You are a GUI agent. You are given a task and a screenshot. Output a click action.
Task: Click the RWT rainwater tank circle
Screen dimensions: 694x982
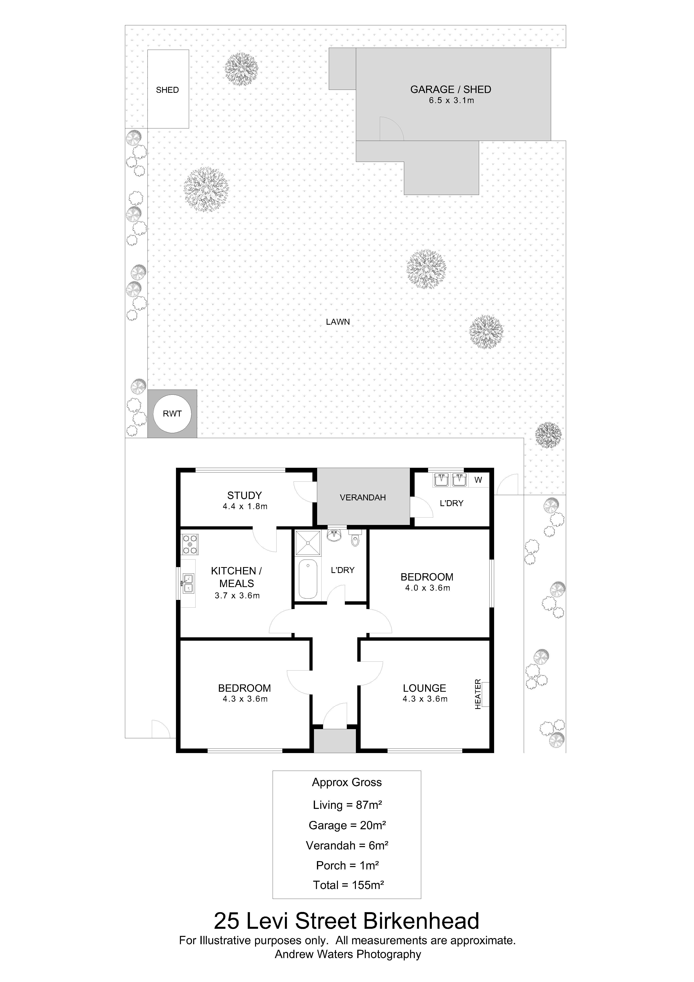tap(172, 414)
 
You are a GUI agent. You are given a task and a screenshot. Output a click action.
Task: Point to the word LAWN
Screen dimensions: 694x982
tap(338, 322)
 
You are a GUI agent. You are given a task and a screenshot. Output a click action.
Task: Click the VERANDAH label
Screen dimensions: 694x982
tap(363, 497)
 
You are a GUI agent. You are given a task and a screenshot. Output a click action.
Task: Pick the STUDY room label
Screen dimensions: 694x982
tap(244, 495)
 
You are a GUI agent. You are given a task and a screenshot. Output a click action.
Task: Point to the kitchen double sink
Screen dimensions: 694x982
tap(188, 583)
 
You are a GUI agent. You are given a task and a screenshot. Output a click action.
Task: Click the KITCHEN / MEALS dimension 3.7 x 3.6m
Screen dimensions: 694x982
tap(237, 595)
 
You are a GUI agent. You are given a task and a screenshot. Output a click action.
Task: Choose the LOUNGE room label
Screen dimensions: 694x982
tap(424, 688)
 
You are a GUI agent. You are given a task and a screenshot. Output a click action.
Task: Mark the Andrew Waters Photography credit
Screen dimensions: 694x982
tap(348, 954)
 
